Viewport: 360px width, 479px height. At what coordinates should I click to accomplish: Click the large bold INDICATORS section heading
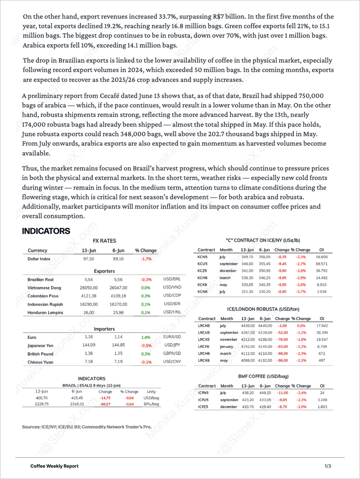click(46, 231)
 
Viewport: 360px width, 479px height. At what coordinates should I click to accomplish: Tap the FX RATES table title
click(104, 241)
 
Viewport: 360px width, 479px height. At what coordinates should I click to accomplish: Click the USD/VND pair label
click(171, 288)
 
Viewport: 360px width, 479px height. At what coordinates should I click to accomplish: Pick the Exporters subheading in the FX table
click(104, 271)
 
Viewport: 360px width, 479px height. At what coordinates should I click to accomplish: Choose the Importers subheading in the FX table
click(104, 329)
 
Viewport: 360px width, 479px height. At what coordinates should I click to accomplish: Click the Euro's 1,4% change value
click(146, 337)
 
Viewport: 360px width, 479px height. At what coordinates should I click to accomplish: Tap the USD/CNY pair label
click(171, 361)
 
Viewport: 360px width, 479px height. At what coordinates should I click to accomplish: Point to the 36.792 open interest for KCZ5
click(321, 271)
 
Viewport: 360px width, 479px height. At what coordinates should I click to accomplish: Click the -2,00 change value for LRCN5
click(282, 325)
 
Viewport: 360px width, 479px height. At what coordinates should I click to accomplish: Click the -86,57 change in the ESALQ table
click(105, 405)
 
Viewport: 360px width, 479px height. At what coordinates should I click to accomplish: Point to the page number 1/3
click(327, 465)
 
